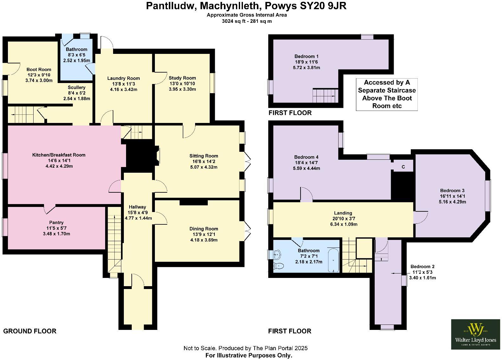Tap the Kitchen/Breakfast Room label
[59, 155]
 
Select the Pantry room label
[56, 222]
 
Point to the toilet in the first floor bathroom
[278, 266]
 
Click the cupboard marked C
[403, 167]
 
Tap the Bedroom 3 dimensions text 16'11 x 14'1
[452, 196]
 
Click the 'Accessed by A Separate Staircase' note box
[387, 94]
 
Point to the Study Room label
[182, 78]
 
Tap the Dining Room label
[204, 228]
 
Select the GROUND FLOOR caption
[30, 331]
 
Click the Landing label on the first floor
[343, 213]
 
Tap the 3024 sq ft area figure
[234, 21]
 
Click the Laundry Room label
[124, 78]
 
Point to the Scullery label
[77, 87]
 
